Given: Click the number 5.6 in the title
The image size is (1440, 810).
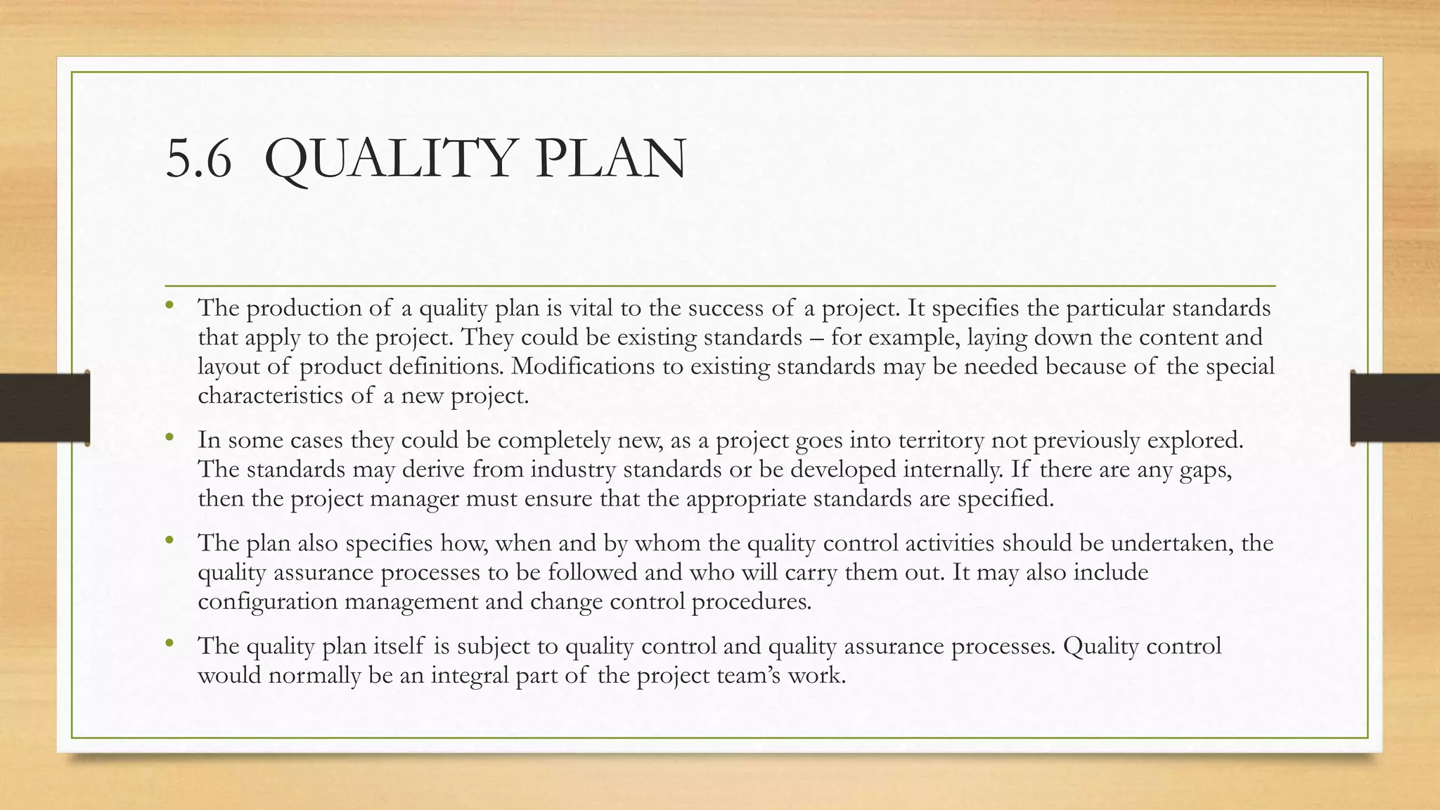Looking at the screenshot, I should click(198, 159).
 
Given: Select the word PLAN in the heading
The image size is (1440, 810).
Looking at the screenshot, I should click(610, 159).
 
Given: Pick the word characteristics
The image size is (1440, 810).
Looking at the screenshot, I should click(271, 395).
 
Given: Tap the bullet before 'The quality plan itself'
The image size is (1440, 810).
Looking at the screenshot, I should click(169, 643).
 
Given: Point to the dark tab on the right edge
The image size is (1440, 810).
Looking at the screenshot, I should click(1395, 408).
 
